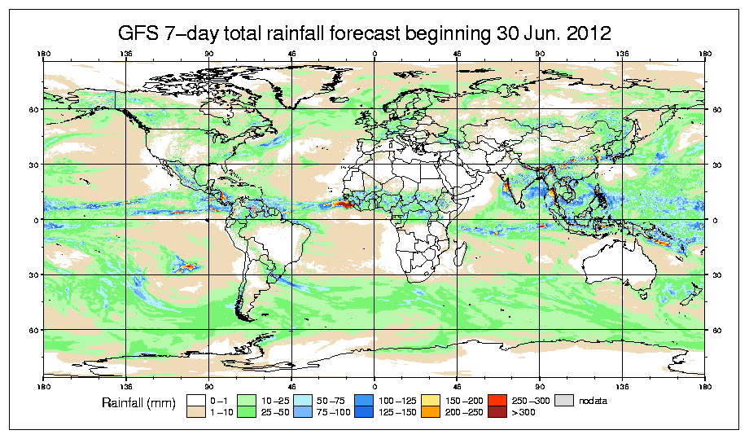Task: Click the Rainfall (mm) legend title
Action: tap(136, 402)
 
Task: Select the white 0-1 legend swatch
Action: tap(195, 401)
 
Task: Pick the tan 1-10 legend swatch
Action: tap(195, 414)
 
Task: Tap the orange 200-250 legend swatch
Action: tap(428, 414)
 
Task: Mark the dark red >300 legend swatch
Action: tap(497, 414)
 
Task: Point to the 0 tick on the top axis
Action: tap(374, 55)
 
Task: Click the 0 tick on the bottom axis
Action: tap(374, 385)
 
